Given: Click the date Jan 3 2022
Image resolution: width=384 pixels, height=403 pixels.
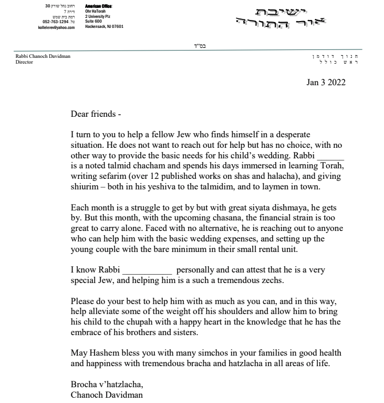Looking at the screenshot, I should click(x=326, y=82).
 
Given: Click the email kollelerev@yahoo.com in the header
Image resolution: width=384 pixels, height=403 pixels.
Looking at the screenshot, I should click(x=58, y=27).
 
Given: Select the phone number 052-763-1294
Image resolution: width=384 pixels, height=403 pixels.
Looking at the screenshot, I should click(x=55, y=22).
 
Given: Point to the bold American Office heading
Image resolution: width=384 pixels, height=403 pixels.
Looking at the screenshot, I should click(x=99, y=6).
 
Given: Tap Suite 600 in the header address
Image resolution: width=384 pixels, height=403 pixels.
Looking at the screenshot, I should click(x=95, y=21).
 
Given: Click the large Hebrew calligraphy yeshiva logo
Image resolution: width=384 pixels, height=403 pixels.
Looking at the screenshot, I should click(x=282, y=17).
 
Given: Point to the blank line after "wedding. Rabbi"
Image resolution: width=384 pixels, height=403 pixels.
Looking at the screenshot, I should click(x=330, y=156).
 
